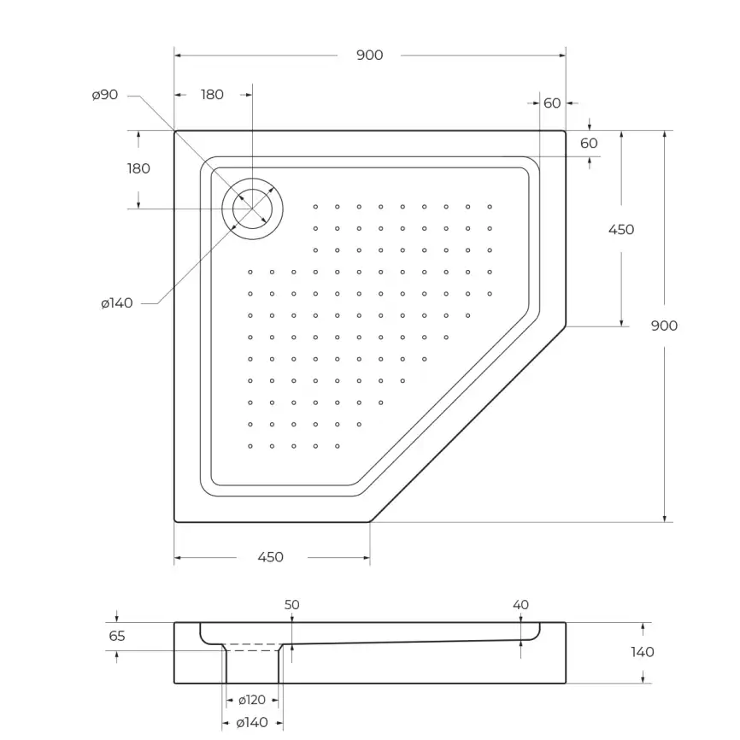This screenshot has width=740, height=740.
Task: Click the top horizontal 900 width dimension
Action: point(369,56)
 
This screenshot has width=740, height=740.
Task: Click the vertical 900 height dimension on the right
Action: point(664,326)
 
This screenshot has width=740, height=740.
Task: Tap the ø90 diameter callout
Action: point(105,95)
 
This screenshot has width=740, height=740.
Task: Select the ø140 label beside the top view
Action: point(116,303)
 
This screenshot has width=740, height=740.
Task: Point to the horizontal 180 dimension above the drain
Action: point(212,95)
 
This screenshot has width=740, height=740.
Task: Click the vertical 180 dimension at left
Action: point(138,168)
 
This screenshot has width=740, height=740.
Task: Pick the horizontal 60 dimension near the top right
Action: point(552,103)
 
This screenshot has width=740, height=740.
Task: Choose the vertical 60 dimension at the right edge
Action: point(589,144)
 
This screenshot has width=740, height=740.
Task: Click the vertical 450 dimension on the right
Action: point(621,229)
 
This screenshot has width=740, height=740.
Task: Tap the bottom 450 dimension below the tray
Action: point(270,557)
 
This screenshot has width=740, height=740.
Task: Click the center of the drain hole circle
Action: point(253,208)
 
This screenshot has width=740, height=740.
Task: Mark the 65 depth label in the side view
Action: point(117,636)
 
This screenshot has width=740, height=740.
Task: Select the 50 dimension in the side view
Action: point(291,605)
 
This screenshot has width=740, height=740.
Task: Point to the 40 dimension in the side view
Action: point(521,605)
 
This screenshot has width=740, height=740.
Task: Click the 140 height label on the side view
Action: point(642,652)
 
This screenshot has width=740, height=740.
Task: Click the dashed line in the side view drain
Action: point(253,650)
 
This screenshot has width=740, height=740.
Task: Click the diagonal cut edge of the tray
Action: point(468,424)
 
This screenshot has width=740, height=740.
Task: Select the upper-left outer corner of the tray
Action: point(175,132)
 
